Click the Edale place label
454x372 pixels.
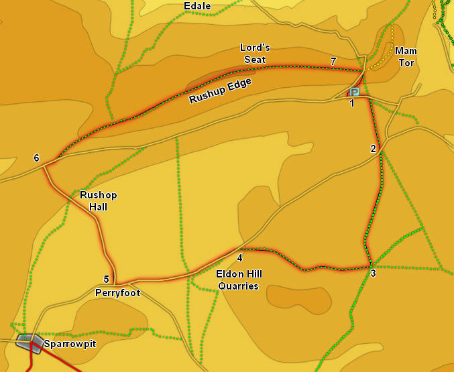click(x=197, y=7)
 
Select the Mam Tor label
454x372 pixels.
click(x=406, y=57)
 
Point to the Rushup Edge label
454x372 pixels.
click(x=220, y=90)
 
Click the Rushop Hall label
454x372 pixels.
click(x=98, y=201)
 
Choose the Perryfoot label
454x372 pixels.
click(x=117, y=293)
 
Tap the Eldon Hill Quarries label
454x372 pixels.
click(x=239, y=280)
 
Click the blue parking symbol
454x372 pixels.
click(x=354, y=92)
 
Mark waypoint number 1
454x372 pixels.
click(x=352, y=103)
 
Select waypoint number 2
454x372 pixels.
click(x=374, y=149)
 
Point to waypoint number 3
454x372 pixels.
click(x=373, y=273)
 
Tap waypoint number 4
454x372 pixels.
click(x=239, y=257)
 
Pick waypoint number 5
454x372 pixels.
click(x=106, y=280)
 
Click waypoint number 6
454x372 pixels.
click(x=36, y=158)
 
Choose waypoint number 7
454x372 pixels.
click(x=333, y=62)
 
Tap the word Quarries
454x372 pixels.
click(x=239, y=286)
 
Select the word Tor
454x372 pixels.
click(x=406, y=63)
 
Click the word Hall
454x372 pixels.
click(x=98, y=207)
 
